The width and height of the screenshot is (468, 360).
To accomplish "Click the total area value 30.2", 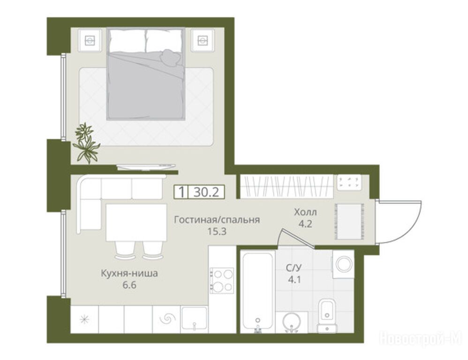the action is pos(206,192).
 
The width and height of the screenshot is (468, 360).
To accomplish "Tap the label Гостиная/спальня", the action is pos(217,220).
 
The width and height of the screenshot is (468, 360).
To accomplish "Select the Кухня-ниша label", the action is pos(129,273).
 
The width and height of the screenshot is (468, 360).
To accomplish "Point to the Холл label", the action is pos(305,212).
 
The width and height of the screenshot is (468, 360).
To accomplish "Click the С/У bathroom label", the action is pos(294,268).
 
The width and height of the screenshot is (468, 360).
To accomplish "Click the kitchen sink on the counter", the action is pos(194,319).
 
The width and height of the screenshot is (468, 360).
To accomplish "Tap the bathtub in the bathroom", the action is pos(258,292).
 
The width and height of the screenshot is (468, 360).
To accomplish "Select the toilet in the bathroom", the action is pos(327,315).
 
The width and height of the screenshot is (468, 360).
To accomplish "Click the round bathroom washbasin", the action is pos(292,322).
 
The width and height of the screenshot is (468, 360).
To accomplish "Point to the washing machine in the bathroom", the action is pos(343,264).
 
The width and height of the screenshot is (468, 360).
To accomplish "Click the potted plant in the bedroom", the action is pos(86,143).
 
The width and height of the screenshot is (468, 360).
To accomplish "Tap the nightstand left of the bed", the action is pos(89,40).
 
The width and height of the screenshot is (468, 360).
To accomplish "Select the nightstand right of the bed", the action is pos(203,40).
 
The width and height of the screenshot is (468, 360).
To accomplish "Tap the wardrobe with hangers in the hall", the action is pos(287,187).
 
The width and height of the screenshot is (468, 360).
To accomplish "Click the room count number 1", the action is pos(181,192).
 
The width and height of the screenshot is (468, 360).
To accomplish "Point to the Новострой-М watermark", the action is pos(421,339).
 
